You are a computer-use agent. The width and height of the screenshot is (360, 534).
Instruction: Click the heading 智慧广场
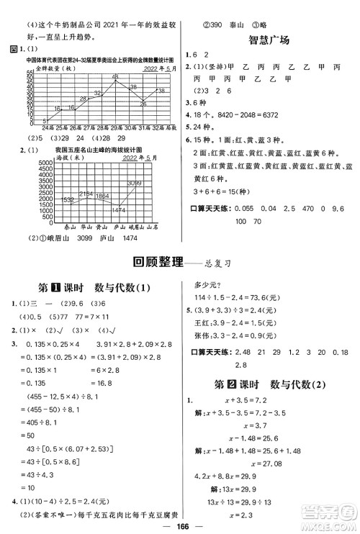(269, 40)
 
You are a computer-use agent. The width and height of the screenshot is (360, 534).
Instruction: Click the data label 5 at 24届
(45, 120)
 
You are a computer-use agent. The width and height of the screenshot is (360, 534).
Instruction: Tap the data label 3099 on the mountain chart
(135, 184)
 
